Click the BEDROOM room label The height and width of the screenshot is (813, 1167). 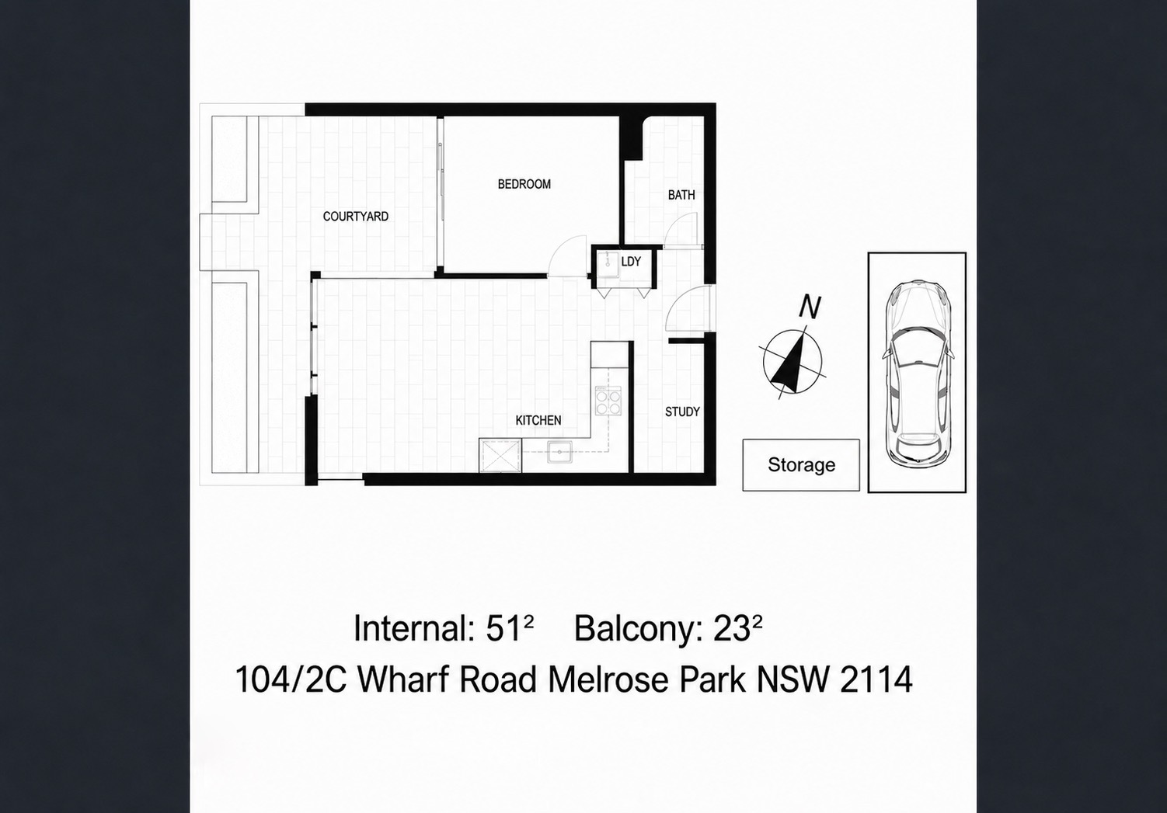pos(524,184)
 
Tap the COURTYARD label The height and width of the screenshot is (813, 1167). pos(356,217)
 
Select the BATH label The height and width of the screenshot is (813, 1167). pos(681,196)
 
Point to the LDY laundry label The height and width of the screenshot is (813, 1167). pos(631,262)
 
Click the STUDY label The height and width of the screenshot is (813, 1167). pos(682,412)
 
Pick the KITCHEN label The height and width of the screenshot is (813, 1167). pos(538,420)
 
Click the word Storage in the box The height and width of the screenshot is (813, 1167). pos(801,464)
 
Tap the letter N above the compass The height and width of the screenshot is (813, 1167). pos(810,307)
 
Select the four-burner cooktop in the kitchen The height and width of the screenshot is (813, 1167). pos(608,400)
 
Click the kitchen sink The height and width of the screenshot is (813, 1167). pos(559,452)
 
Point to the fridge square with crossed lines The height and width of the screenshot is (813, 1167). pos(500,456)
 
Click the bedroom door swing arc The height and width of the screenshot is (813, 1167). pos(568,255)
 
